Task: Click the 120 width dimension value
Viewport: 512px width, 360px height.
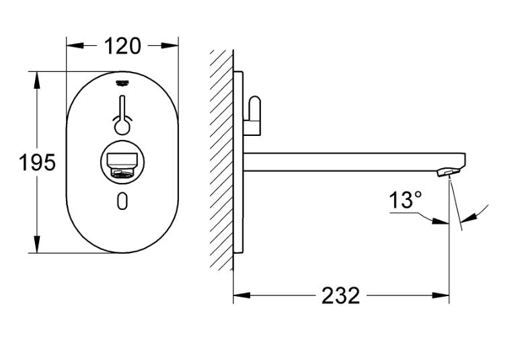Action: click(122, 46)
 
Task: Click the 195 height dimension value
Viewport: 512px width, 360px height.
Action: click(37, 162)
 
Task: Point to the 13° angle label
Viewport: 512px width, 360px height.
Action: click(406, 200)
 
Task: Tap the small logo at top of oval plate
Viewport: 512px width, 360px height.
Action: click(122, 82)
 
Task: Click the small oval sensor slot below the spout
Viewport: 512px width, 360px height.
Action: click(122, 200)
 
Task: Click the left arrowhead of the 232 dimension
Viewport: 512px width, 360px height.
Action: click(239, 295)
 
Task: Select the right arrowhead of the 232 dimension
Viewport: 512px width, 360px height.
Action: click(444, 295)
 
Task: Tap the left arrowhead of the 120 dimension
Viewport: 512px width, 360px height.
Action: click(72, 46)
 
